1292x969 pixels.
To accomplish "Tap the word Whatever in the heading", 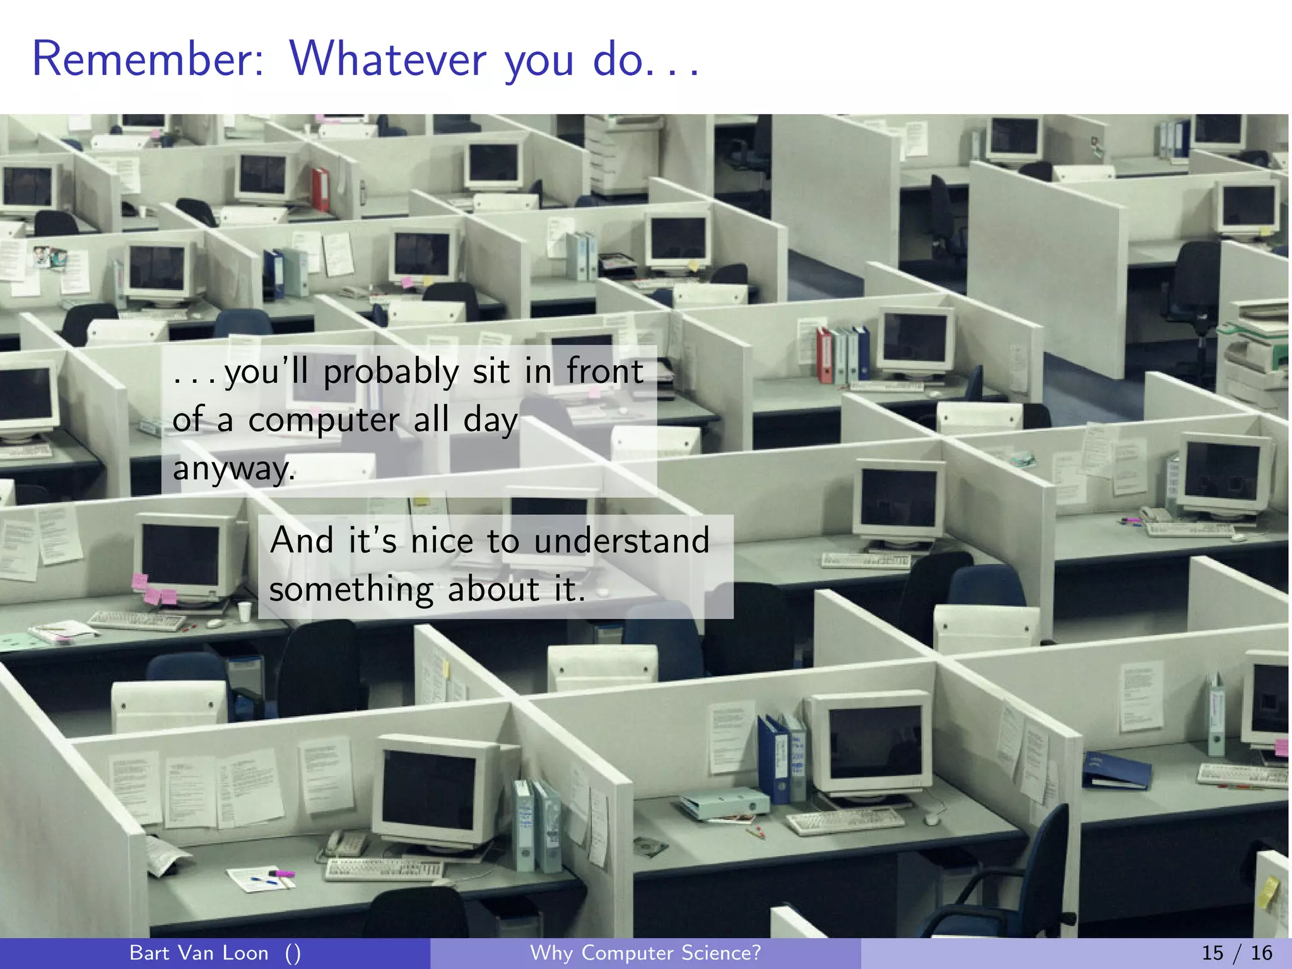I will [x=388, y=59].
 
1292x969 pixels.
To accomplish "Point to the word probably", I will [x=391, y=372].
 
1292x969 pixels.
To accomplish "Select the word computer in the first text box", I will [x=324, y=421].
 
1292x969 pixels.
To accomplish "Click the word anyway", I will [x=233, y=469].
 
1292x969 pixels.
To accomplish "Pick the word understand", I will [x=621, y=541].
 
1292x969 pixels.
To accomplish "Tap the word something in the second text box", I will [x=351, y=590].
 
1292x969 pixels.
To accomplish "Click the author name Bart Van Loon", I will [x=199, y=953].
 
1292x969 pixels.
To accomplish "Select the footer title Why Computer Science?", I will [x=645, y=953].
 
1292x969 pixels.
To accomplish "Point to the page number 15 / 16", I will [x=1236, y=953].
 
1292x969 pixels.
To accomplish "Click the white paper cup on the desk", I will [x=245, y=611].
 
